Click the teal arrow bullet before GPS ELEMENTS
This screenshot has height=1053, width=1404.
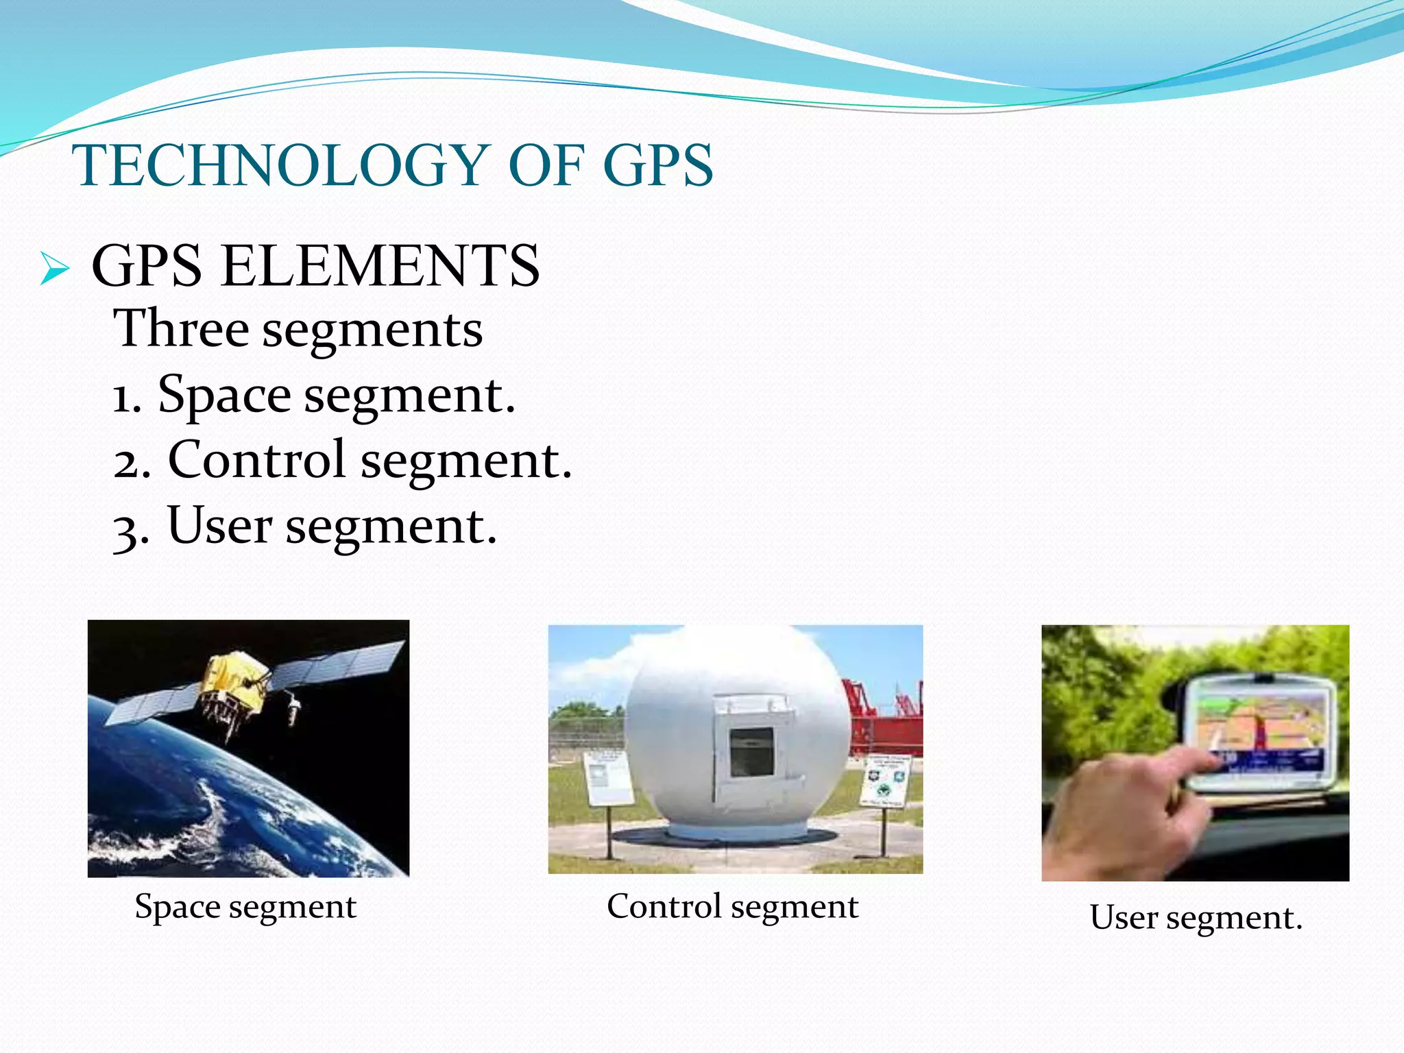click(x=54, y=268)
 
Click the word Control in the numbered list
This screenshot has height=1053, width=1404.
click(x=256, y=459)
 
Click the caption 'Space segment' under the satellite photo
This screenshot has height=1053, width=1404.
click(x=245, y=906)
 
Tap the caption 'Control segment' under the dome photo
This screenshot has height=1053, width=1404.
click(x=732, y=906)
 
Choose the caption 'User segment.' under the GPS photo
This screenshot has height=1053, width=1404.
click(x=1196, y=917)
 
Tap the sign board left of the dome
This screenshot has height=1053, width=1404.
click(x=607, y=778)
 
